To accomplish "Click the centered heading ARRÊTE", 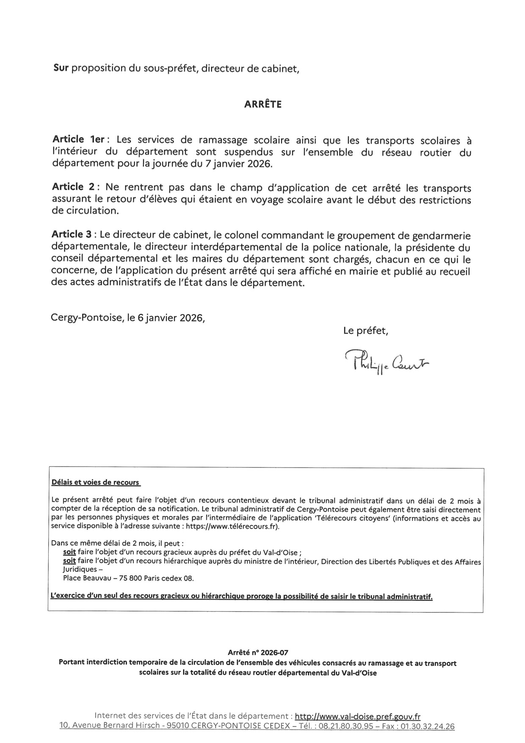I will tap(262, 104).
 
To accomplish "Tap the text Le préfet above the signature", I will tap(365, 331).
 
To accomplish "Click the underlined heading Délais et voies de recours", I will tap(95, 482).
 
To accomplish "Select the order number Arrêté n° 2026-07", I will tap(258, 653).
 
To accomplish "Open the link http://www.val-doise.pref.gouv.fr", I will tap(357, 717).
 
